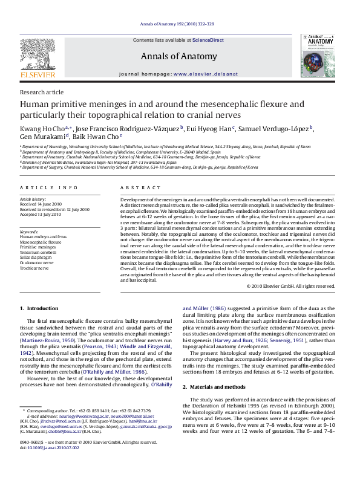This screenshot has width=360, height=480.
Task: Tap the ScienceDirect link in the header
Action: click(208, 40)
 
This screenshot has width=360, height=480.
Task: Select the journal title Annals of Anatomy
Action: click(179, 57)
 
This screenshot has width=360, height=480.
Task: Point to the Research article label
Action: click(41, 92)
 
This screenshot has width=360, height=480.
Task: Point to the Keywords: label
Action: click(30, 232)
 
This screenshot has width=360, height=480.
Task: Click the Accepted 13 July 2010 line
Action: click(41, 214)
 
